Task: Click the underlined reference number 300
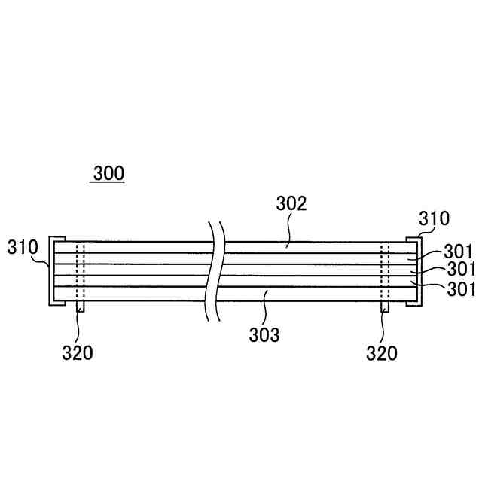[x=108, y=174]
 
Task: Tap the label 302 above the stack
[x=291, y=203]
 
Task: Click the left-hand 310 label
[x=23, y=246]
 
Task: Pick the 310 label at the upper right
[x=434, y=219]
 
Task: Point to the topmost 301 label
[x=458, y=252]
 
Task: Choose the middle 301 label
[x=458, y=269]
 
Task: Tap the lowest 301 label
[x=458, y=288]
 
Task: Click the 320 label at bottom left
[x=77, y=352]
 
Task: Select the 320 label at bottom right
[x=381, y=352]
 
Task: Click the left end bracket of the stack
[x=52, y=271]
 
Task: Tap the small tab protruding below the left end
[x=80, y=307]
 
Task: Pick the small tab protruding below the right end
[x=385, y=307]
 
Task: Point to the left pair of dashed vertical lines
[x=80, y=271]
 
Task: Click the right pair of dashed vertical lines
[x=385, y=271]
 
